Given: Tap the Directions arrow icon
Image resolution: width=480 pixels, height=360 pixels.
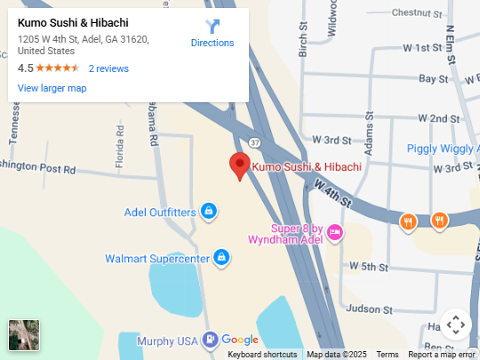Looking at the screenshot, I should coord(212,27).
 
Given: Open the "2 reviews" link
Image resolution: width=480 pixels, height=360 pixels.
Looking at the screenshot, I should coord(108,68).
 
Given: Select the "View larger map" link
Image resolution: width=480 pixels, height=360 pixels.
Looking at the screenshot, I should coord(52,88).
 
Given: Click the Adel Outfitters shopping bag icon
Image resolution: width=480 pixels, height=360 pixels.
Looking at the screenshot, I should coord(208,212).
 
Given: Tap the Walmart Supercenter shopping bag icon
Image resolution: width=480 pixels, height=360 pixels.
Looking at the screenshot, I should coord(221,259).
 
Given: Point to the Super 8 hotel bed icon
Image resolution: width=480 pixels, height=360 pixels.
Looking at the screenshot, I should coord(334,233).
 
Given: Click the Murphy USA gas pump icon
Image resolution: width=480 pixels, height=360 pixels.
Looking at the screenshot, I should coord(209,339).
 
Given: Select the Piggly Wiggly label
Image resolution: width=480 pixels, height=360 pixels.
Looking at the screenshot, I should coord(443,148).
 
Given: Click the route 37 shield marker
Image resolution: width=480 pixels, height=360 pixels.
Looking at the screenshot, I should coord(254,141).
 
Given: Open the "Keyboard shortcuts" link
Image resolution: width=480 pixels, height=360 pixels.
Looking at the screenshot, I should coord(262,355).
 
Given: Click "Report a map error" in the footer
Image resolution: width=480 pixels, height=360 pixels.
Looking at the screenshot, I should coord(441,355).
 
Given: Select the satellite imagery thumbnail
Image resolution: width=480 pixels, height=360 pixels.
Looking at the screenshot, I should coord(23,335).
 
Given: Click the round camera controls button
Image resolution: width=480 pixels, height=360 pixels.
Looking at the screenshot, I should coord(455,324).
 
